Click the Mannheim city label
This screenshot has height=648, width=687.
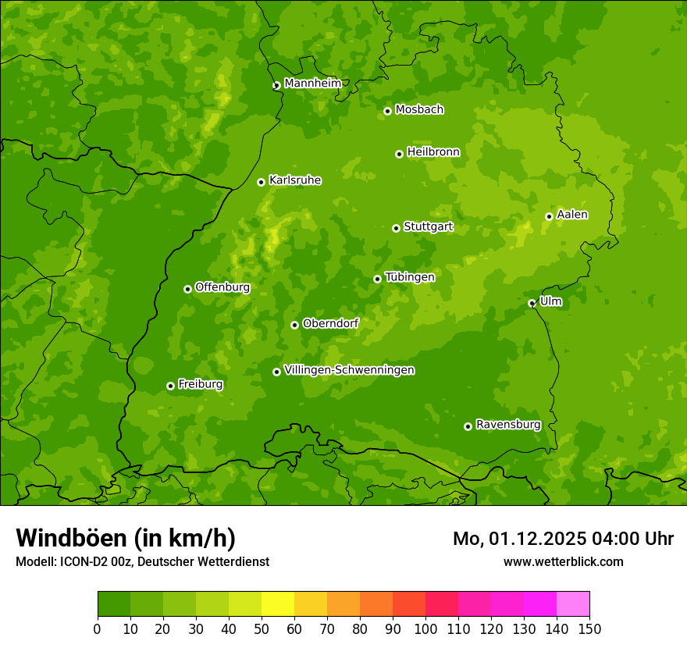click(313, 84)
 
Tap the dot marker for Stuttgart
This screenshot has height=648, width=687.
click(396, 228)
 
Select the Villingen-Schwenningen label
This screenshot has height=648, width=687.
click(349, 370)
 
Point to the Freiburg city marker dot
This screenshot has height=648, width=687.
click(170, 386)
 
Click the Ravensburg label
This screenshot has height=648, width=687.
click(508, 425)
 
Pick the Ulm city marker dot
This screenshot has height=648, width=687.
click(532, 303)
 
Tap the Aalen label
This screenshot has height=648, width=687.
click(572, 215)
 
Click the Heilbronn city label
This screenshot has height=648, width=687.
click(433, 152)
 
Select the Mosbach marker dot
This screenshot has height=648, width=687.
click(387, 111)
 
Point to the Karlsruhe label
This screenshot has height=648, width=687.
click(295, 180)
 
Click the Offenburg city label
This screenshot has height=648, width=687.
click(222, 287)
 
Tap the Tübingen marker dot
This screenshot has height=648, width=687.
click(377, 279)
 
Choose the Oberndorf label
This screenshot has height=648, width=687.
click(330, 323)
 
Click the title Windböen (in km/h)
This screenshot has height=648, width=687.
click(126, 538)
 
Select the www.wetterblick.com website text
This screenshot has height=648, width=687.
click(563, 561)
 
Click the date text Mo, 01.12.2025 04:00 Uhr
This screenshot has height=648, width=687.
click(563, 539)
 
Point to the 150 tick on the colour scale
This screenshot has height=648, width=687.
click(589, 628)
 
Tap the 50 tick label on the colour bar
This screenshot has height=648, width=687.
click(261, 628)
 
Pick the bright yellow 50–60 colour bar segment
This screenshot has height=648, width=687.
click(277, 604)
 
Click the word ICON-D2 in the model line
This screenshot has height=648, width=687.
click(79, 561)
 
